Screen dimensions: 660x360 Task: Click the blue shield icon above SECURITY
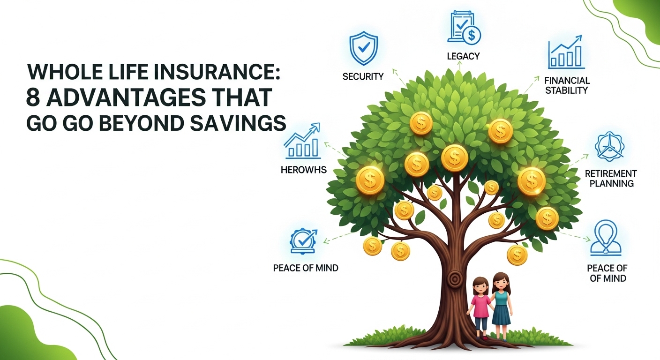364,48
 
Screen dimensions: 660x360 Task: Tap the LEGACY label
463,56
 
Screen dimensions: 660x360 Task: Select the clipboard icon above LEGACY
464,28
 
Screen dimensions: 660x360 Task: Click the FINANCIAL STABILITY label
567,85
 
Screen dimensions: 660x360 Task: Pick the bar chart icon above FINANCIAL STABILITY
566,52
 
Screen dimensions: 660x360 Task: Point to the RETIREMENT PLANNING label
611,178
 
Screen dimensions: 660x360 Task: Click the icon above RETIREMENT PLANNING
609,146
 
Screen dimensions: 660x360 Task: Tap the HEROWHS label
304,170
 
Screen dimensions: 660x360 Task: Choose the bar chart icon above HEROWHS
302,141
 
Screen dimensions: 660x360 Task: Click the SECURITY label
363,76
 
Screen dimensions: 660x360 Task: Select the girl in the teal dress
501,307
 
